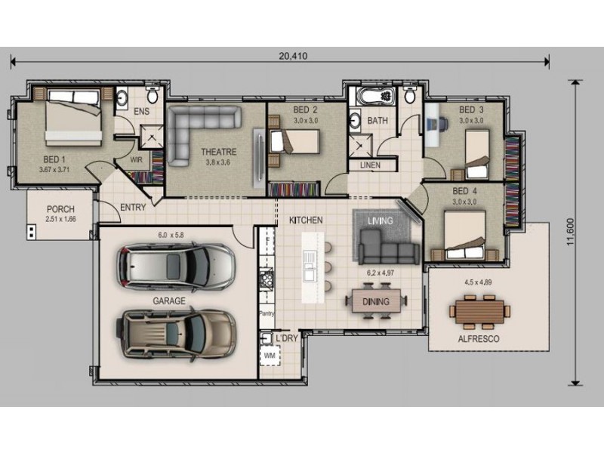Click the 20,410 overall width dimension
pyautogui.click(x=293, y=56)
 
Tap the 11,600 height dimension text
pyautogui.click(x=571, y=232)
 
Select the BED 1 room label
pyautogui.click(x=54, y=159)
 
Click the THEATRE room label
pyautogui.click(x=218, y=152)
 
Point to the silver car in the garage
pyautogui.click(x=176, y=266)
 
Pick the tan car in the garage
pyautogui.click(x=176, y=334)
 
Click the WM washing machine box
pyautogui.click(x=270, y=355)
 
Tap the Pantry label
pyautogui.click(x=267, y=313)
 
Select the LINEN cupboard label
pyautogui.click(x=370, y=165)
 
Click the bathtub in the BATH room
pyautogui.click(x=375, y=97)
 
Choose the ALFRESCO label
pyautogui.click(x=479, y=339)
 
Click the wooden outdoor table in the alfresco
pyautogui.click(x=480, y=311)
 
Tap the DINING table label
pyautogui.click(x=375, y=301)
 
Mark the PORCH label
pyautogui.click(x=60, y=209)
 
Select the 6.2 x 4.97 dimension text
pyautogui.click(x=381, y=273)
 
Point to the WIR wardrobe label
pyautogui.click(x=137, y=159)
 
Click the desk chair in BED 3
pyautogui.click(x=439, y=124)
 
